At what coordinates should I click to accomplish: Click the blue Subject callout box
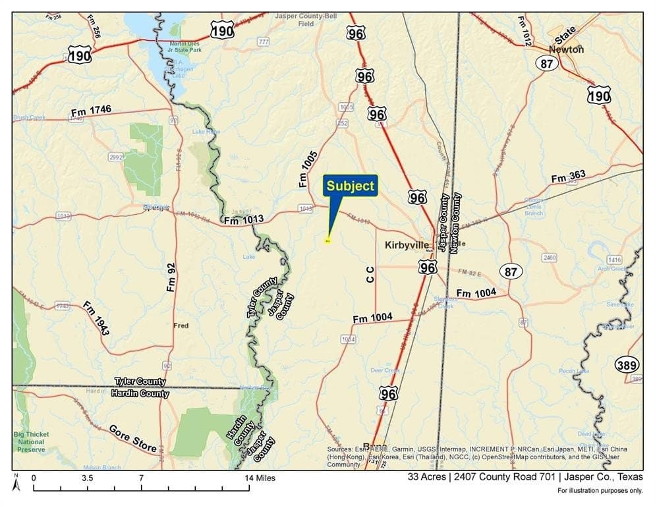[x=350, y=186]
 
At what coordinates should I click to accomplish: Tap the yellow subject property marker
[x=327, y=240]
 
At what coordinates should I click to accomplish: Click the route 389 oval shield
[x=627, y=364]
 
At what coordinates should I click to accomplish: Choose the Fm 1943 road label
[x=96, y=318]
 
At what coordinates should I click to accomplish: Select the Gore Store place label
[x=133, y=438]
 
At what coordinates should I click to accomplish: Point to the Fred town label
[x=181, y=325]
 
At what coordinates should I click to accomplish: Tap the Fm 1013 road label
[x=244, y=219]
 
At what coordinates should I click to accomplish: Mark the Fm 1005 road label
[x=308, y=170]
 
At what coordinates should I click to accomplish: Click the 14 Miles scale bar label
[x=261, y=478]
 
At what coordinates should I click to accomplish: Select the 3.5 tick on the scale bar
[x=87, y=478]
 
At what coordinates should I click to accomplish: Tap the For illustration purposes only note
[x=600, y=490]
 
